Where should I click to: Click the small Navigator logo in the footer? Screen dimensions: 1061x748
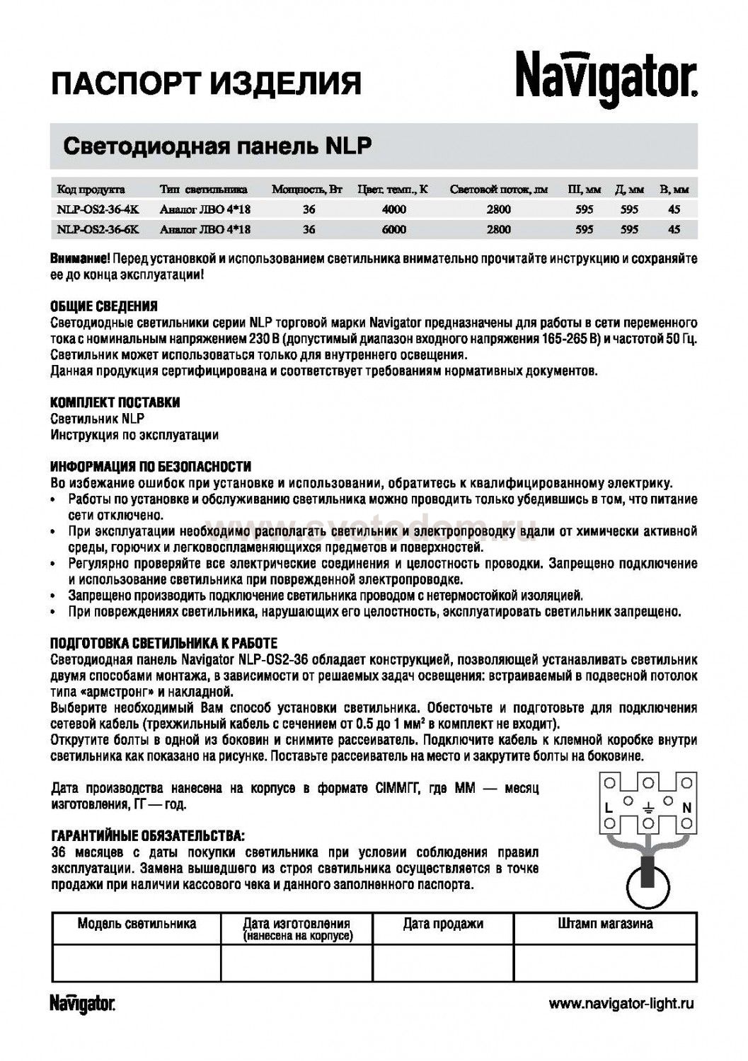click(x=82, y=1003)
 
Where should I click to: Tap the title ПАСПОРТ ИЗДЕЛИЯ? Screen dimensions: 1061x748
click(x=206, y=83)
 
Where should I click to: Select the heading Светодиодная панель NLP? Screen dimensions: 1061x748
click(x=218, y=146)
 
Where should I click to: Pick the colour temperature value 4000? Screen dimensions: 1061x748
click(x=393, y=209)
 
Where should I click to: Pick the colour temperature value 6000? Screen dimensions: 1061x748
click(x=393, y=229)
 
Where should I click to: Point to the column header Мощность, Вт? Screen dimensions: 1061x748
click(x=307, y=190)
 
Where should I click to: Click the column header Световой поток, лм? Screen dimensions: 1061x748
click(x=498, y=190)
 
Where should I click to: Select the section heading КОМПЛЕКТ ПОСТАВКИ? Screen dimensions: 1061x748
click(x=115, y=402)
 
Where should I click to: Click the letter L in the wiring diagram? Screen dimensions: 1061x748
click(x=608, y=807)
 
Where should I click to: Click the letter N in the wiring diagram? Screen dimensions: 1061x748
click(x=686, y=807)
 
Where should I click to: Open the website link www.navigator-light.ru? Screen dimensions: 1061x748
click(x=621, y=1003)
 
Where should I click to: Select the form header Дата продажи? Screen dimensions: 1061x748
click(x=443, y=924)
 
